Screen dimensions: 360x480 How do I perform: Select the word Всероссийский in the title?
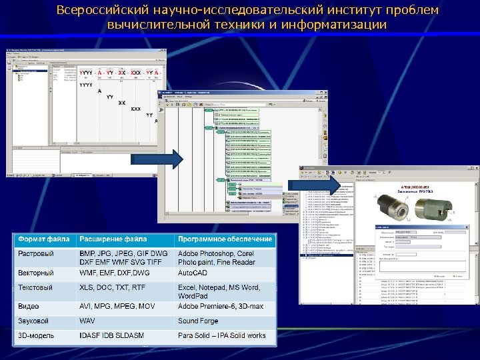click(97, 11)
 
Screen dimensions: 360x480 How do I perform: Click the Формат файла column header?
click(43, 239)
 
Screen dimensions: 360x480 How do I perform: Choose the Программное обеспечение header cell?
click(225, 239)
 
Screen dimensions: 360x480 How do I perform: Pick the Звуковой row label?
click(33, 321)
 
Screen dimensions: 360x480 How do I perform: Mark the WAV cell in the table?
click(87, 321)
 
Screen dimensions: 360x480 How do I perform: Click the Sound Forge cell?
click(198, 321)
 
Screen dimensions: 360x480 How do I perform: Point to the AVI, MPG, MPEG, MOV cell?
click(117, 306)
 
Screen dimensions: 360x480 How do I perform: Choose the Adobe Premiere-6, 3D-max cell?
click(221, 306)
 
